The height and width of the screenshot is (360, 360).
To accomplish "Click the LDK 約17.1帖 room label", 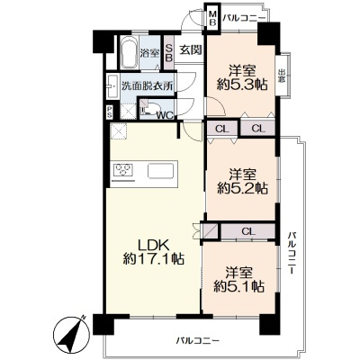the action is [153, 252].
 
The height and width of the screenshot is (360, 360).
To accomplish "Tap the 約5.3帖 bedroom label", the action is [242, 78].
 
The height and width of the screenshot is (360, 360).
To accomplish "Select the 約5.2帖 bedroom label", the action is [242, 182].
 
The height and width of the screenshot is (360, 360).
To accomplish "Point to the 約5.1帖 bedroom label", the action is [238, 280].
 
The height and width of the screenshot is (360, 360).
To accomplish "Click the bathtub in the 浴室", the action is [130, 53].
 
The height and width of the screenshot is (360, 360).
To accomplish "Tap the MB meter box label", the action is [212, 18].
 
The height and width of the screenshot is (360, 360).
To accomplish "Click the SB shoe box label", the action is [169, 53].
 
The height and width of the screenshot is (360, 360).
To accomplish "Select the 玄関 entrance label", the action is [191, 49].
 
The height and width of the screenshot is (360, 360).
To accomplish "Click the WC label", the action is [166, 115].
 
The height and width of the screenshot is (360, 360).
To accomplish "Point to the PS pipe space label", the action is [110, 112].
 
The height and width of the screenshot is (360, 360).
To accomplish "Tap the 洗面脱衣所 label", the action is [148, 86].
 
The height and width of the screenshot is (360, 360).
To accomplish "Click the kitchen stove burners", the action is [123, 170].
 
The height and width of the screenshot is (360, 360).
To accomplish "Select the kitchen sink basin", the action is [161, 171].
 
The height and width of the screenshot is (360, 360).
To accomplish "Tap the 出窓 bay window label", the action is [282, 76].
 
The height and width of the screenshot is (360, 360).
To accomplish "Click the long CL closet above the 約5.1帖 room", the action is [248, 231].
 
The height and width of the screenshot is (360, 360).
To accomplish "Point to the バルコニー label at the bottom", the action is [198, 341].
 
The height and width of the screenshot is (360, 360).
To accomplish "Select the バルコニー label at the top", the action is [244, 18].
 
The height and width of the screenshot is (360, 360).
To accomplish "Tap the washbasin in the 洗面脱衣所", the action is [112, 85].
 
